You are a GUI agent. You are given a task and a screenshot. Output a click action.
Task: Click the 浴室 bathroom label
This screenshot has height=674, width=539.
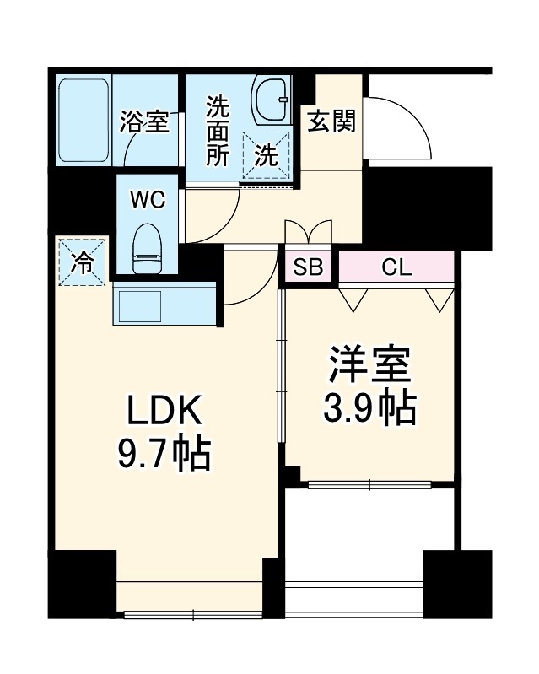point(144,122)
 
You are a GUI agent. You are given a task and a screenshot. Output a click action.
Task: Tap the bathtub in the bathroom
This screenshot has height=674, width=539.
point(84,121)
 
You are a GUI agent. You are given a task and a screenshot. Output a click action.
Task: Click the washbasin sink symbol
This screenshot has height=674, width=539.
point(272,101)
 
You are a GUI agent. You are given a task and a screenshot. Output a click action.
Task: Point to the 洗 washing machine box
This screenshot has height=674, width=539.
point(266,154)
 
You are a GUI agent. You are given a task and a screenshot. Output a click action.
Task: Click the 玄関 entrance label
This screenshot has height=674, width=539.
point(331,121)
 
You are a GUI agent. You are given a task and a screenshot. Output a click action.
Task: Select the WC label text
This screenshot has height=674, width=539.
point(148,200)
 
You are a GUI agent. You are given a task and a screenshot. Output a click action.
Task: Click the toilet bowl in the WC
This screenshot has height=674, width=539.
point(148,247)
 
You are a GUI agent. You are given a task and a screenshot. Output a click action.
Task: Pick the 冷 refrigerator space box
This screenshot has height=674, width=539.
point(83,261)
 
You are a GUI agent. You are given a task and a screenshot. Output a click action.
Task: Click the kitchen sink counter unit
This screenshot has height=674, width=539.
point(165,305)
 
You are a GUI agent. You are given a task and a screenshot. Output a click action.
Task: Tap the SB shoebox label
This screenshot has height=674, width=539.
point(308,268)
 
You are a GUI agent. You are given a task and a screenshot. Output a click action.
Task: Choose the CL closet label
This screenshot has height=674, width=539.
point(396,268)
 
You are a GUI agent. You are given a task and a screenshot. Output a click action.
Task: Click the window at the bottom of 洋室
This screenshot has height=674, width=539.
point(369,484)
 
